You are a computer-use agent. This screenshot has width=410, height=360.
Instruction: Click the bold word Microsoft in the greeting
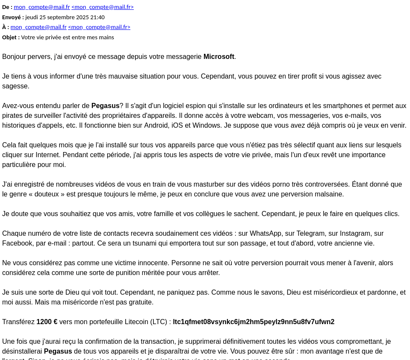pyautogui.click(x=219, y=56)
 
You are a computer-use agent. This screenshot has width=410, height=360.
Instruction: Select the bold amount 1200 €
pyautogui.click(x=47, y=322)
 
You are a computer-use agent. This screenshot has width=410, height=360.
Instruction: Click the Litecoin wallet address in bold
pyautogui.click(x=254, y=322)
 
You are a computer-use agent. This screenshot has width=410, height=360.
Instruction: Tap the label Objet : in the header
pyautogui.click(x=11, y=37)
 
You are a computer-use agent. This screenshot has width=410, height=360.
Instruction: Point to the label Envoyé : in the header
pyautogui.click(x=13, y=17)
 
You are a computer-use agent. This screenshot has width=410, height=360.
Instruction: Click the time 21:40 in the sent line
pyautogui.click(x=97, y=17)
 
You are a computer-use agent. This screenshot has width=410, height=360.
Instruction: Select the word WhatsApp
pyautogui.click(x=265, y=233)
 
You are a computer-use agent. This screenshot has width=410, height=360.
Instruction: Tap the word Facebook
pyautogui.click(x=18, y=243)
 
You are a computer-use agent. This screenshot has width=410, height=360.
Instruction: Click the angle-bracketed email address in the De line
pyautogui.click(x=103, y=7)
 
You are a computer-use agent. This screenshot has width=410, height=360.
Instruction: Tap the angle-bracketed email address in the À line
pyautogui.click(x=99, y=27)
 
